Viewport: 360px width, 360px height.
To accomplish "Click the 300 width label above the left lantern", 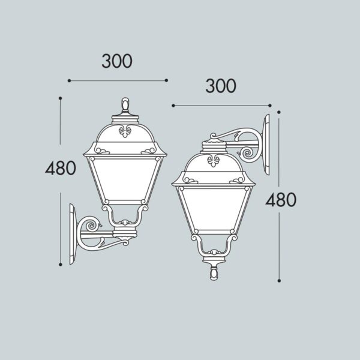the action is (x=117, y=61).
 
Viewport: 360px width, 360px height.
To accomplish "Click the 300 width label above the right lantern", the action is (x=221, y=86).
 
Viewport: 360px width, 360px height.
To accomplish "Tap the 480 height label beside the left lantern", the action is (x=61, y=168).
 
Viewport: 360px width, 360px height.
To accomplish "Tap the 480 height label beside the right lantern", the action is (x=281, y=199).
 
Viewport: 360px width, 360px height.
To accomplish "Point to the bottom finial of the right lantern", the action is (x=214, y=274).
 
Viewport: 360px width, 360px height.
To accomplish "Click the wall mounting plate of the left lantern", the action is (x=73, y=234).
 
